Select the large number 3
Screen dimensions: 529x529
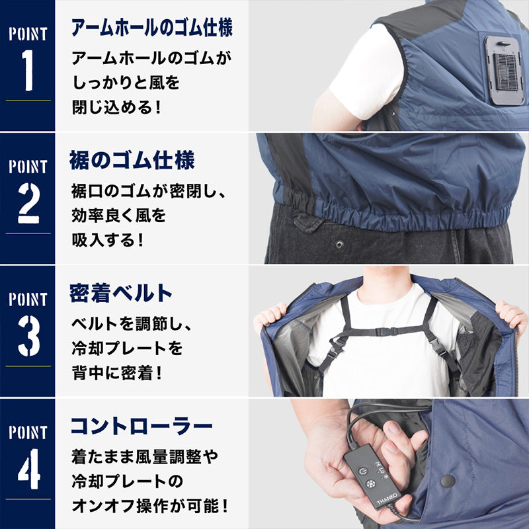(x=27, y=338)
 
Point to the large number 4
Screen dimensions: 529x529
(x=27, y=470)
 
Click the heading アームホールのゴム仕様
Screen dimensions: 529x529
(x=151, y=28)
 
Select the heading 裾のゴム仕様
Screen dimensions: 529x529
(x=132, y=160)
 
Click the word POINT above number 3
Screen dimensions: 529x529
(x=27, y=299)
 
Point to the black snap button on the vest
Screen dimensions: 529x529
(x=448, y=481)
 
